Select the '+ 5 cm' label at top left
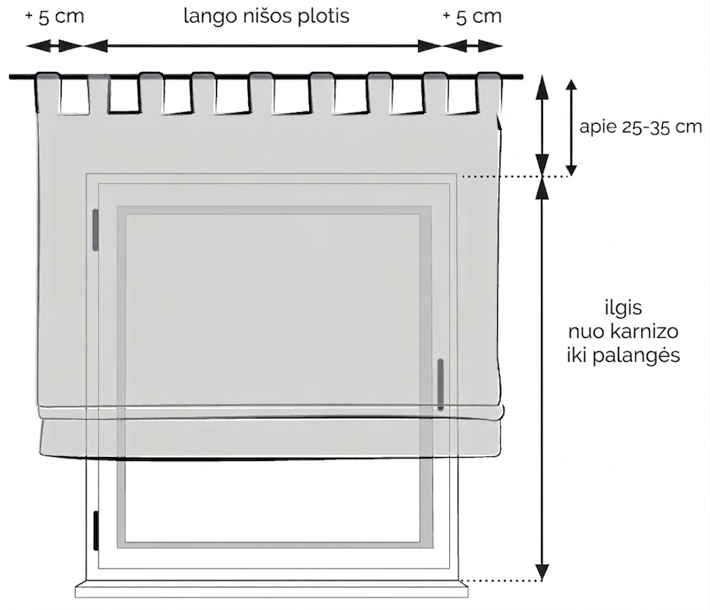(x=55, y=17)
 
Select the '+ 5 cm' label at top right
(x=472, y=17)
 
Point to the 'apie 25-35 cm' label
(x=640, y=127)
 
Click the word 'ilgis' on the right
(x=623, y=307)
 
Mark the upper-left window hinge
(x=95, y=230)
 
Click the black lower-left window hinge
(x=96, y=531)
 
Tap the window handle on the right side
(x=440, y=384)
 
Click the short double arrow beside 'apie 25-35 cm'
(x=571, y=127)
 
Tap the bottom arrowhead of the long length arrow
(x=542, y=572)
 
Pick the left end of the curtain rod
(x=10, y=77)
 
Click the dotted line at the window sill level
(x=501, y=580)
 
